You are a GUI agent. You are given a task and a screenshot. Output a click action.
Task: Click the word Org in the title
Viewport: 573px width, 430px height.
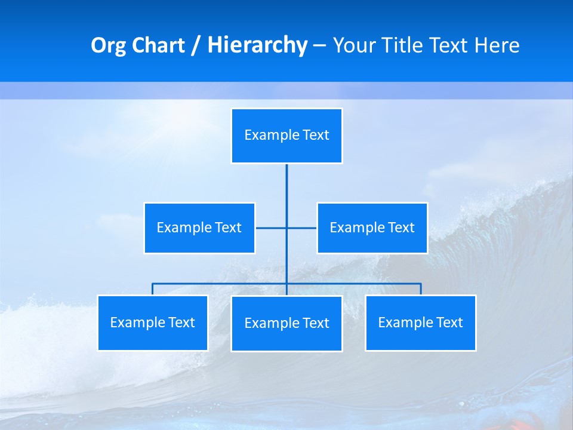point(107,45)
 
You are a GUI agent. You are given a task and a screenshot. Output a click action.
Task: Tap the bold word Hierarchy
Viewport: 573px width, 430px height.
point(257,45)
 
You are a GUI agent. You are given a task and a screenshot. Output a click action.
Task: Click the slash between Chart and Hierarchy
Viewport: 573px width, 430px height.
point(195,46)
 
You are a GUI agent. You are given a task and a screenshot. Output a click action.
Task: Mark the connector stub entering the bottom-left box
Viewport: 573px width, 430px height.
point(153,289)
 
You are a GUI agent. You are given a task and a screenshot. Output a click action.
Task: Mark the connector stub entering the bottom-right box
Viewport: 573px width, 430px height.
point(421,289)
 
